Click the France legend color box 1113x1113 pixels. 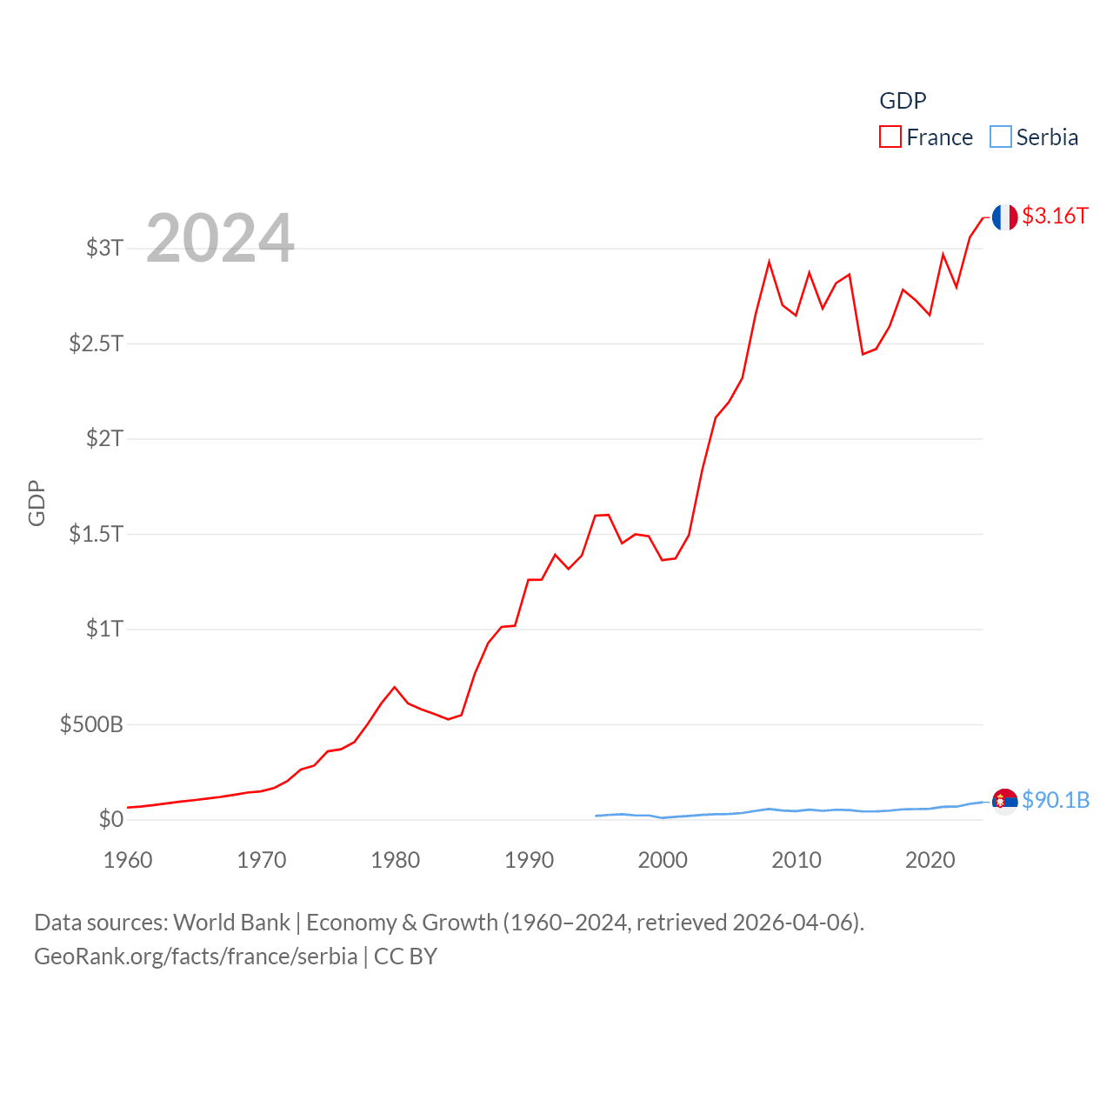[x=890, y=137]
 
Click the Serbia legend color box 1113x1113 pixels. [x=1001, y=137]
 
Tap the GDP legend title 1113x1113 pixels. [x=903, y=101]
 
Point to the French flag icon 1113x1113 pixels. [x=1004, y=217]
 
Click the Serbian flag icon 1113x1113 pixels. [x=1004, y=801]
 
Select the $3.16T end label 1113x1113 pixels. [x=1055, y=216]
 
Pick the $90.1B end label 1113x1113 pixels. [x=1056, y=800]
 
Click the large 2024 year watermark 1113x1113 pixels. [x=220, y=238]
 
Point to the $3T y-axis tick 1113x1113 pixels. [x=104, y=248]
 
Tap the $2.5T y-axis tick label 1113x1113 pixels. [x=96, y=343]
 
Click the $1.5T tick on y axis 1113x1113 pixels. [x=96, y=533]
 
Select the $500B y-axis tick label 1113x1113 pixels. [x=91, y=723]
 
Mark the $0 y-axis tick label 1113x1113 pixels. [x=110, y=819]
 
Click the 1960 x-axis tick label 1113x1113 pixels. [x=128, y=860]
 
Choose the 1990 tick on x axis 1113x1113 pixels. [x=529, y=860]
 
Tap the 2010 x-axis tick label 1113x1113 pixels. [x=796, y=860]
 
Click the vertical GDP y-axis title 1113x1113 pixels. [x=37, y=503]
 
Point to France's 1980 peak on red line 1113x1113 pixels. [x=395, y=687]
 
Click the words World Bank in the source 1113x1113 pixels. [x=231, y=923]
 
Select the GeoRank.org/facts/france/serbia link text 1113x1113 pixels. [x=196, y=956]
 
